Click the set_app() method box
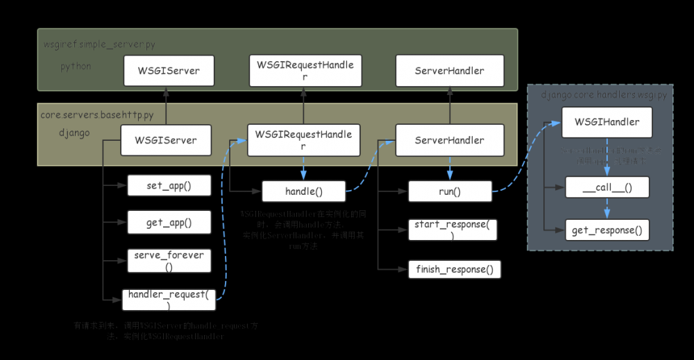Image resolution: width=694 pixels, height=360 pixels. [169, 185]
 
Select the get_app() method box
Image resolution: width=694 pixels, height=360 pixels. [169, 222]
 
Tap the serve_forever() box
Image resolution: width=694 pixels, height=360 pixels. [169, 261]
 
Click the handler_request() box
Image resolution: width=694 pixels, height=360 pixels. [169, 300]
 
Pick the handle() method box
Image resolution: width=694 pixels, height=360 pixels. [303, 191]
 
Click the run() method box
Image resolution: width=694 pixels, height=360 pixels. [450, 191]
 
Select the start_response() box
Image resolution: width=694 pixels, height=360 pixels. [452, 230]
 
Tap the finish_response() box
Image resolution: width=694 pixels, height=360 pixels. [455, 269]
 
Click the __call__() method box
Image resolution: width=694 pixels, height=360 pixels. [607, 187]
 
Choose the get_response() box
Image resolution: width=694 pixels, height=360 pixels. [607, 230]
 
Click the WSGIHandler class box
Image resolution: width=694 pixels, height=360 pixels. [607, 122]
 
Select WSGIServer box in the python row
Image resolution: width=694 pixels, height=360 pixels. [169, 71]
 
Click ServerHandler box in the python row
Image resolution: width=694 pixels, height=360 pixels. [450, 71]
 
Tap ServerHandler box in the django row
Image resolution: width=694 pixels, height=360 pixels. [450, 140]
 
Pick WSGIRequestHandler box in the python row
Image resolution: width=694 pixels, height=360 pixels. [305, 71]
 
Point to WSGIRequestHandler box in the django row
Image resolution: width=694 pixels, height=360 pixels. [303, 139]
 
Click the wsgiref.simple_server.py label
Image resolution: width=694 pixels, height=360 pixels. [99, 44]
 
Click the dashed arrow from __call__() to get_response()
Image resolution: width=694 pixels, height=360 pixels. [608, 209]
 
